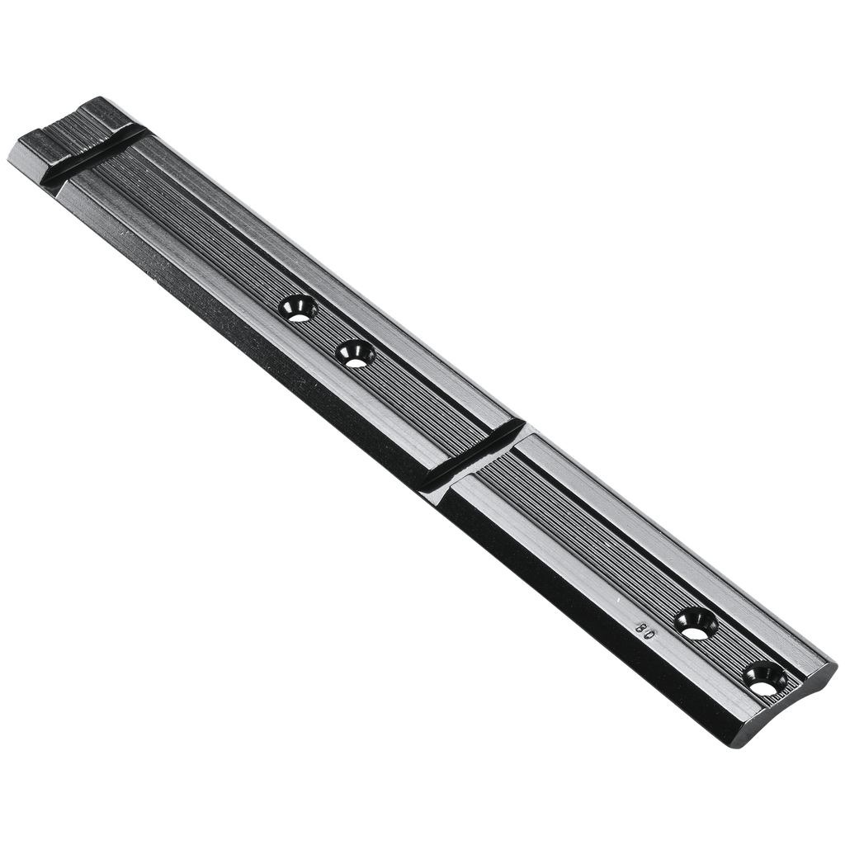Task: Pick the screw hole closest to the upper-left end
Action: tap(298, 308)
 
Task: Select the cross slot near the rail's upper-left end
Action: tap(91, 155)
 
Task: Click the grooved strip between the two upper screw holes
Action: tap(328, 330)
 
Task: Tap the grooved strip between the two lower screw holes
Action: tap(729, 649)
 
